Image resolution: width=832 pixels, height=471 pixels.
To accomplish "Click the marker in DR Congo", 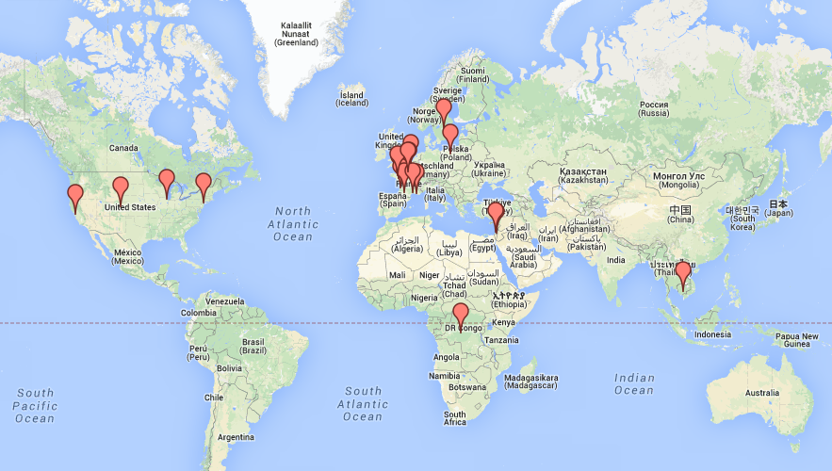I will point(460,315).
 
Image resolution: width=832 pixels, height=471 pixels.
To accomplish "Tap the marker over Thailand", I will point(683,273).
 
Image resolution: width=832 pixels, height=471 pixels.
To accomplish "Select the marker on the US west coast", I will point(75,196).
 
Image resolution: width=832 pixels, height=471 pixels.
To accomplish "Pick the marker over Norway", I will point(444,110).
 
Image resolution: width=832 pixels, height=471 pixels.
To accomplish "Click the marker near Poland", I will point(450,136).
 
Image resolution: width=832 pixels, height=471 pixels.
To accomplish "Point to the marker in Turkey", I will point(496,215).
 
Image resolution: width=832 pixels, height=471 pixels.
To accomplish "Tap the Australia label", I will point(767,392).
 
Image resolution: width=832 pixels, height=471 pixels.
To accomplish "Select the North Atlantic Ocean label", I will point(293,224).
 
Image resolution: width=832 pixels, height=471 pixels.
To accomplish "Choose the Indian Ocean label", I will point(633,384).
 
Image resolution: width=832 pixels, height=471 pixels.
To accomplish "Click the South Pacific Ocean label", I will point(35,405).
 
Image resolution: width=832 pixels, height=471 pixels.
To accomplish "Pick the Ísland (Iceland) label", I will point(351,99).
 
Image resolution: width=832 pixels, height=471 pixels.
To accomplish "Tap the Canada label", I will point(123,148).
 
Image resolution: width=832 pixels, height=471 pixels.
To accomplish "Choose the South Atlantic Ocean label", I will point(363,403).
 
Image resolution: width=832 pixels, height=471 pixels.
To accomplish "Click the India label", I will point(615,260).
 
